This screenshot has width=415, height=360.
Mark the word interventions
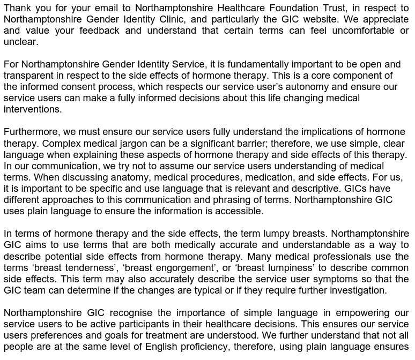click(33, 109)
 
